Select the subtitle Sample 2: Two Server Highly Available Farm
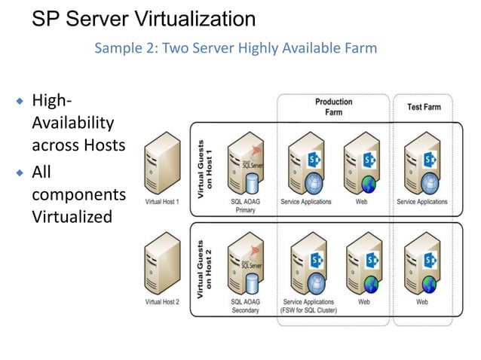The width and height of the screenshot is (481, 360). [x=235, y=49]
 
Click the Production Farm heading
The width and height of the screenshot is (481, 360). [x=333, y=107]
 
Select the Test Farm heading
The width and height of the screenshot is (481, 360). [x=424, y=107]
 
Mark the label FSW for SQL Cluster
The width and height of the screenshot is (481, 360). [x=308, y=311]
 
